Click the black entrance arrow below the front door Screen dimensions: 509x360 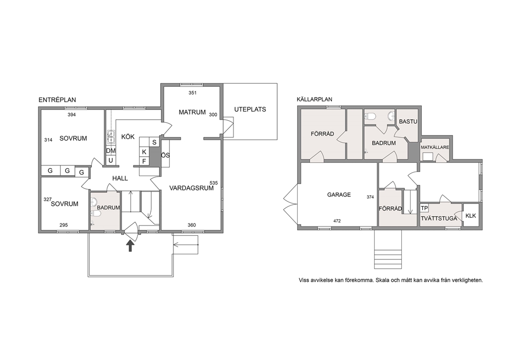(x=130, y=245)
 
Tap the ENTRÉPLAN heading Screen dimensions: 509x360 (x=57, y=100)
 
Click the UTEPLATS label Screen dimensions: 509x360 (x=250, y=109)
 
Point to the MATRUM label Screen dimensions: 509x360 (x=192, y=112)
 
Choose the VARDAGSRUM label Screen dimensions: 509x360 (x=191, y=188)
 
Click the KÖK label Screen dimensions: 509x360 (x=128, y=137)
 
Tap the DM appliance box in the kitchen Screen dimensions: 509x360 (x=111, y=151)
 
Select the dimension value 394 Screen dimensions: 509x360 (x=72, y=115)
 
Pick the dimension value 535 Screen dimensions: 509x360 (x=213, y=183)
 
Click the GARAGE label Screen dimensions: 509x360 (x=339, y=195)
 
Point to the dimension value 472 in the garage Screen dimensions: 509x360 (x=337, y=221)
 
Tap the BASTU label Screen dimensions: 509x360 (x=408, y=122)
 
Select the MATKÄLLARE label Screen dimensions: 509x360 (x=435, y=147)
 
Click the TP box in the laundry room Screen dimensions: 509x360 (x=424, y=208)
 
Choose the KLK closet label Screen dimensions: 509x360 (x=471, y=215)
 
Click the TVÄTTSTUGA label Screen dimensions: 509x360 (x=439, y=218)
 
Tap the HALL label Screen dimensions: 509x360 (x=120, y=178)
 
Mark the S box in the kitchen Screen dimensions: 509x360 (x=154, y=142)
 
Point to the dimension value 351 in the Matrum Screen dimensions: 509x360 (x=192, y=93)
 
